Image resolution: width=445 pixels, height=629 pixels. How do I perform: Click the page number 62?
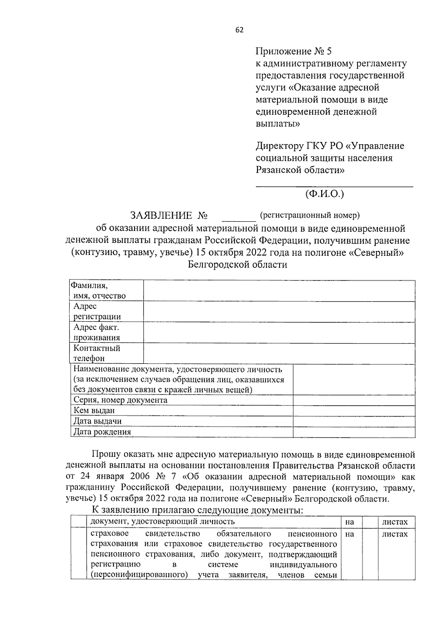click(x=240, y=30)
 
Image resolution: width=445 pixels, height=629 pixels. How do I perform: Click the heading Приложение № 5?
click(x=296, y=51)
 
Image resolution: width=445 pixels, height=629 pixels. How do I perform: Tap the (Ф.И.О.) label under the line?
click(x=324, y=193)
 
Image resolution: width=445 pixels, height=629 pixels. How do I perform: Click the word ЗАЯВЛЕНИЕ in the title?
click(x=161, y=215)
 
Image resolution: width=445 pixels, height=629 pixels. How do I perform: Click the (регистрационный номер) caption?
click(x=310, y=215)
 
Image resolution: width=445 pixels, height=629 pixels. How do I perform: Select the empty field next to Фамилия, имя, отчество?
click(x=279, y=291)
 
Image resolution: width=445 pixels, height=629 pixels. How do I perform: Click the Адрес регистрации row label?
click(x=97, y=311)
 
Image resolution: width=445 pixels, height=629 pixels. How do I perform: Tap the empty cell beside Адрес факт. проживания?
click(x=279, y=332)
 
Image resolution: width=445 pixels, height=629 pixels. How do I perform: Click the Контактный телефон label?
click(x=96, y=353)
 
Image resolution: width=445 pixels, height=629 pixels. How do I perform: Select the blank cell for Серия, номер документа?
click(x=354, y=400)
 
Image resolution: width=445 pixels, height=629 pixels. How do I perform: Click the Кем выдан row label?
click(x=94, y=411)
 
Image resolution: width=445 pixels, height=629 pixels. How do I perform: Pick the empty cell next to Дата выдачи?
click(x=354, y=421)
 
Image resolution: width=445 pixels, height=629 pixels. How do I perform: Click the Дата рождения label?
click(x=102, y=432)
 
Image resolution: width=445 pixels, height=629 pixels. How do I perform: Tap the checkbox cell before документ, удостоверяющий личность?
click(x=78, y=522)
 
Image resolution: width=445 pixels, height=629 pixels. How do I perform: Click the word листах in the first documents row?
click(x=395, y=522)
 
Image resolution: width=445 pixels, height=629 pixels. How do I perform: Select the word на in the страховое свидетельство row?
click(x=349, y=534)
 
